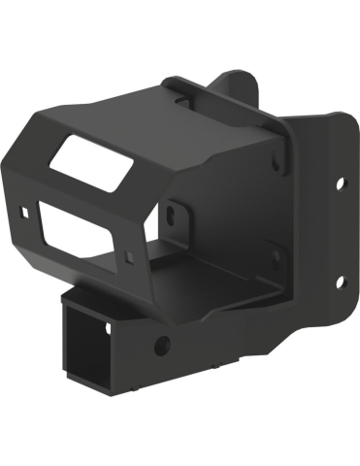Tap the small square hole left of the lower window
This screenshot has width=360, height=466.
(22, 210)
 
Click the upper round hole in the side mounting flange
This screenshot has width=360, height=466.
(341, 182)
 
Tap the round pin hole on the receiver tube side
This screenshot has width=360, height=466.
(160, 344)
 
